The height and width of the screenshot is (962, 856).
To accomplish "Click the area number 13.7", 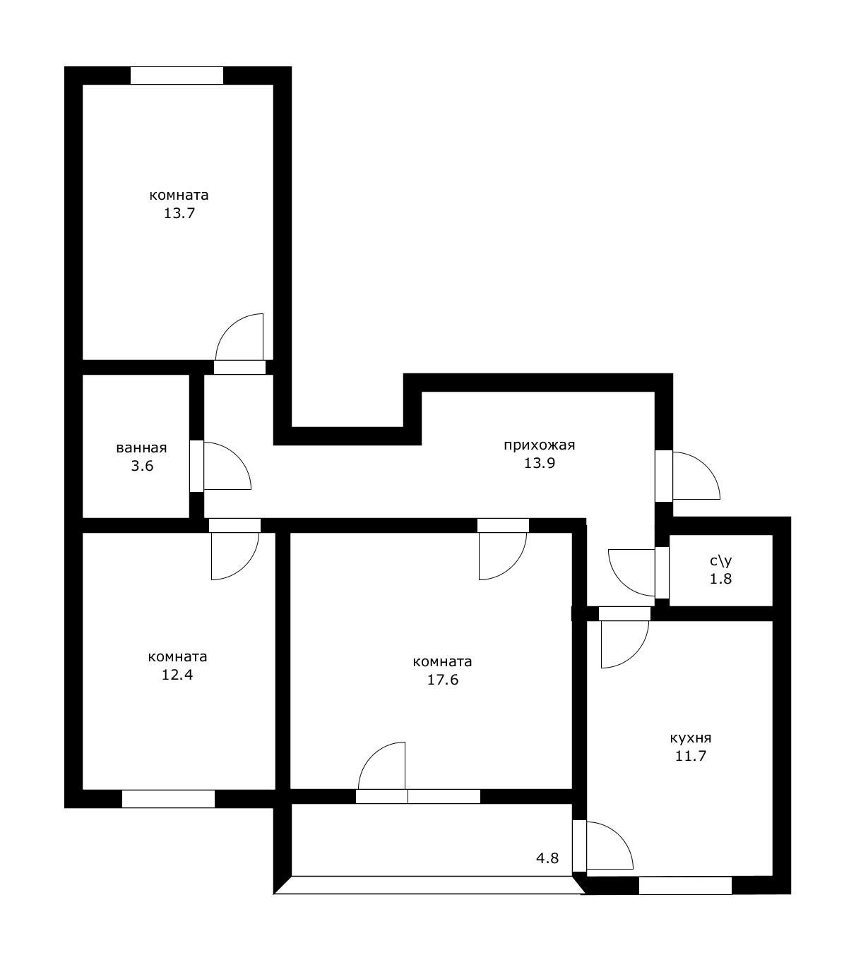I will [x=179, y=213].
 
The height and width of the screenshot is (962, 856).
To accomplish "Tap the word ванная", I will [x=141, y=447].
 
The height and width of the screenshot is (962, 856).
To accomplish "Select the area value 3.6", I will [x=142, y=466].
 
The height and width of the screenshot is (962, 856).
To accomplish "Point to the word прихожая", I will [x=539, y=445].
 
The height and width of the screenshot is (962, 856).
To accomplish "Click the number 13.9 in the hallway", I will [x=539, y=464].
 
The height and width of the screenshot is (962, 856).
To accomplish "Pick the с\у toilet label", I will [x=720, y=561].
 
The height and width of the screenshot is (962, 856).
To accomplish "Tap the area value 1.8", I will [x=720, y=579].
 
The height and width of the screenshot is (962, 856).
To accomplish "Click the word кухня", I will [x=690, y=738].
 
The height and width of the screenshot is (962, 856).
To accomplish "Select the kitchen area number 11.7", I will [x=690, y=756].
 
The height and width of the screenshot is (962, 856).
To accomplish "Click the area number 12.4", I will [x=177, y=674].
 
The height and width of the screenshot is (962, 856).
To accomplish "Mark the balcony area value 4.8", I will [x=547, y=858].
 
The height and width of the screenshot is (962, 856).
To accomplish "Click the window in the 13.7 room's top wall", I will [x=177, y=76].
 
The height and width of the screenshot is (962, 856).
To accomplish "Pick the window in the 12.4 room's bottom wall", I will [x=168, y=798].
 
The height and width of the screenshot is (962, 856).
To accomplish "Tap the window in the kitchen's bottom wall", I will [x=684, y=885].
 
